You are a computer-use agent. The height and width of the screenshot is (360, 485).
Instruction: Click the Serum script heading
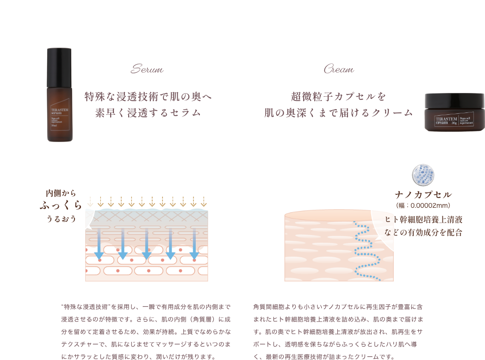coord(147,70)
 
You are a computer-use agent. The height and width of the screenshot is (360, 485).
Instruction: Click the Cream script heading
coord(339,70)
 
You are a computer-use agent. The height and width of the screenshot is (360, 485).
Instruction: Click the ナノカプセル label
coord(423,194)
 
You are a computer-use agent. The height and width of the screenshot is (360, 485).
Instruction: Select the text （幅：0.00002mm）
coord(423,205)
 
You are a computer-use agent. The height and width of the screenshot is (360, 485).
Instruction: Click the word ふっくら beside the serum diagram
coord(61,205)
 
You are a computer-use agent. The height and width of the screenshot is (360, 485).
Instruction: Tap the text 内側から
coord(61,192)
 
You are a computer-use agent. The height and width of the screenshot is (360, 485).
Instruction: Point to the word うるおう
coord(61,218)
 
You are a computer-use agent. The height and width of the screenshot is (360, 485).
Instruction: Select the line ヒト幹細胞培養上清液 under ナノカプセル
coord(423,219)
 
